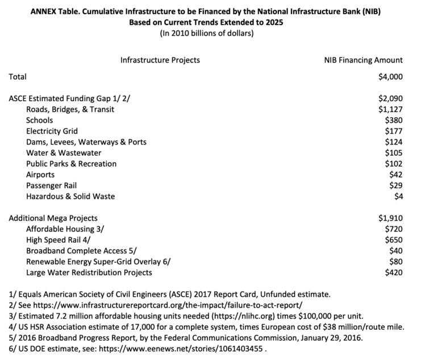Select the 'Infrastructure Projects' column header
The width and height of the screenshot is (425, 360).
point(160,60)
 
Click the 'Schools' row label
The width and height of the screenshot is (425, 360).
point(40,120)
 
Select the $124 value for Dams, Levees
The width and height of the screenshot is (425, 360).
point(393,142)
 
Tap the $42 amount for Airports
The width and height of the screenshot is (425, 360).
point(395,175)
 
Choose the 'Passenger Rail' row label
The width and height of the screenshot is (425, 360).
point(51,185)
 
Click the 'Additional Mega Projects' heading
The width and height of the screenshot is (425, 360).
point(53,218)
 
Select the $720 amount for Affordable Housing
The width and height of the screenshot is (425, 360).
point(393,229)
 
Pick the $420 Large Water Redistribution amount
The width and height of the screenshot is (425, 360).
point(393,272)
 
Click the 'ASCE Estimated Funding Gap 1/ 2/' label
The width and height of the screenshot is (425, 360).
point(69,98)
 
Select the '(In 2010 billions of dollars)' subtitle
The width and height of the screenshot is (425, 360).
point(212,33)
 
